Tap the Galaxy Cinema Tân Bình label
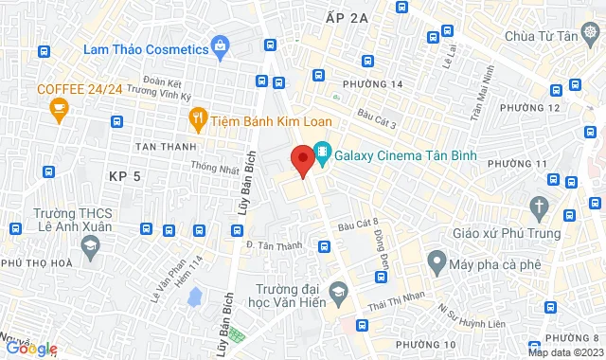click(395, 155)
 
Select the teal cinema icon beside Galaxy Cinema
click(323, 152)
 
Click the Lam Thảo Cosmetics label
click(145, 48)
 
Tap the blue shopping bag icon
click(221, 45)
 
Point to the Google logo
click(30, 349)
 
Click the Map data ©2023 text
click(565, 352)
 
